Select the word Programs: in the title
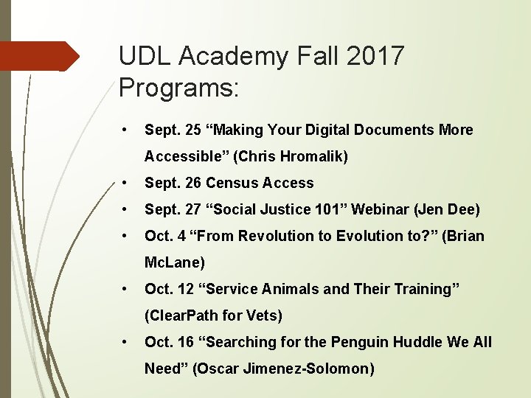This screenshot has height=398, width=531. point(178,88)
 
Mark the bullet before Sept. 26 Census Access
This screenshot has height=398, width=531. point(128,183)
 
